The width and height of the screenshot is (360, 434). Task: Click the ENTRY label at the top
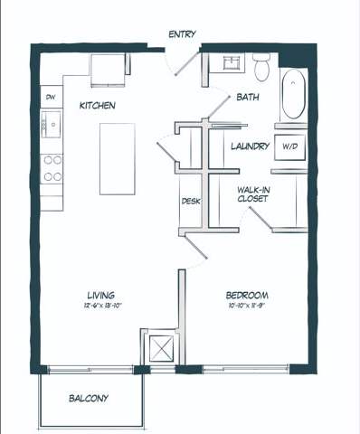point(182,34)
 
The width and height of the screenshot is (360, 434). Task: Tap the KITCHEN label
point(97,106)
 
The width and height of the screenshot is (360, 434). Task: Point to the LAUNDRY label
point(250,146)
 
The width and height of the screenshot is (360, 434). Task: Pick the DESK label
point(190,202)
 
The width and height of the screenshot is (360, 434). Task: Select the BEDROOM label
point(247,296)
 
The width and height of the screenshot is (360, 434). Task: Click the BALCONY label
point(89,399)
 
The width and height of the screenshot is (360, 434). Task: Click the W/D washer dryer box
point(289,146)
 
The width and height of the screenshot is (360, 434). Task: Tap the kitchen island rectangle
point(117,158)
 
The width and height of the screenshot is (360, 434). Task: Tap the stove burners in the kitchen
point(52,167)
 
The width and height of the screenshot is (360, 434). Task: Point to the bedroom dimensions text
point(247,307)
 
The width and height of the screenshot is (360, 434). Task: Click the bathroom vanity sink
point(226,64)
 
